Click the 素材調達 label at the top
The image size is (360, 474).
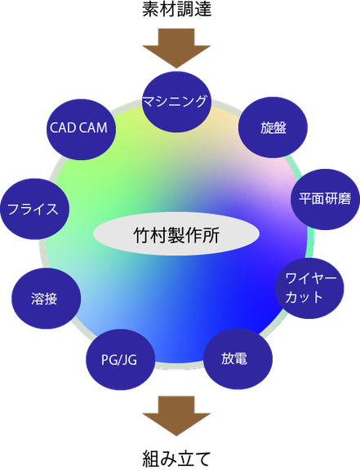(176, 9)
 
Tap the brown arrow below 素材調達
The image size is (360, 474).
(176, 48)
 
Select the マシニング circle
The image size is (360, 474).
(176, 102)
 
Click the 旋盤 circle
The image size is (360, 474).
(273, 127)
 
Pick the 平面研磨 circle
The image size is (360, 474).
(325, 199)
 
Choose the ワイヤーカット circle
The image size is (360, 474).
(309, 288)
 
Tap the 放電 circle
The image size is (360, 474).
(238, 359)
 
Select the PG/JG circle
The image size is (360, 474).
(120, 360)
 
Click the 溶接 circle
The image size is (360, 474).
(46, 299)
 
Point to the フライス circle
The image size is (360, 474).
(34, 209)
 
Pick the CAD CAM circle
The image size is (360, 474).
(81, 129)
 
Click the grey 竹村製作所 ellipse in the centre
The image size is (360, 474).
(176, 233)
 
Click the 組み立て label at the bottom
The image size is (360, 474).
(176, 458)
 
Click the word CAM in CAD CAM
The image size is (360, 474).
(94, 127)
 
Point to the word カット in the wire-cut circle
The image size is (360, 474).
(304, 297)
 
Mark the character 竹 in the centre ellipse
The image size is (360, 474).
(142, 235)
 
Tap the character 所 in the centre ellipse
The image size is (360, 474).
(211, 235)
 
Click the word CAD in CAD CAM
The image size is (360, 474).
(63, 127)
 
